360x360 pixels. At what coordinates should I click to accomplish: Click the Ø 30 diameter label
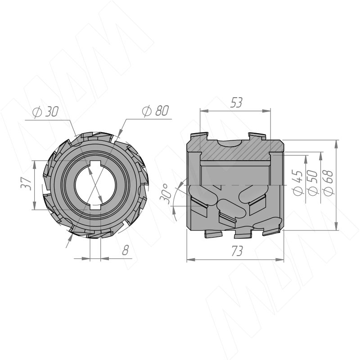[46, 112]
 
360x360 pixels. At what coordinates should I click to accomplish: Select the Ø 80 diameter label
[155, 111]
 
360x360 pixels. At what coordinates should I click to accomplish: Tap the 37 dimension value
[27, 183]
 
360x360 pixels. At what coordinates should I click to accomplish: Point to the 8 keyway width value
[126, 250]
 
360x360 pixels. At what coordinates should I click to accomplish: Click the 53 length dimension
[237, 103]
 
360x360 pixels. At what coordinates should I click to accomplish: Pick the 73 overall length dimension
[237, 251]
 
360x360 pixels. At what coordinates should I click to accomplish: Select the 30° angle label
[167, 193]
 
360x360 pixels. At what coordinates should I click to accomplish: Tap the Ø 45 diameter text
[298, 183]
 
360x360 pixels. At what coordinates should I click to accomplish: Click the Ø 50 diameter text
[313, 183]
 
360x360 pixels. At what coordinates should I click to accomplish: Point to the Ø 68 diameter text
[328, 183]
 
